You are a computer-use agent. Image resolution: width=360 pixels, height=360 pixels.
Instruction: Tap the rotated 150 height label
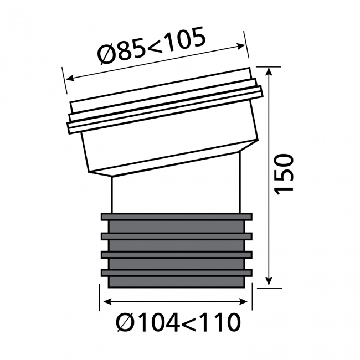pos(285,173)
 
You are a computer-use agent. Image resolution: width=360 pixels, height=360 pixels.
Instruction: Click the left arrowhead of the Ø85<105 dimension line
pos(68,79)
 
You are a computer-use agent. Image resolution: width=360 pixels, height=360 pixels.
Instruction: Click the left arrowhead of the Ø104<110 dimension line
pos(105,302)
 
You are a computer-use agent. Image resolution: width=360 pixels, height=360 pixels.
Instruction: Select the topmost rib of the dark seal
pos(176,216)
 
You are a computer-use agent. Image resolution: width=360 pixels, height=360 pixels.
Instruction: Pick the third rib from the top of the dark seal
pos(176,254)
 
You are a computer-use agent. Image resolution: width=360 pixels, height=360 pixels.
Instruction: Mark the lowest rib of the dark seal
pos(176,272)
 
